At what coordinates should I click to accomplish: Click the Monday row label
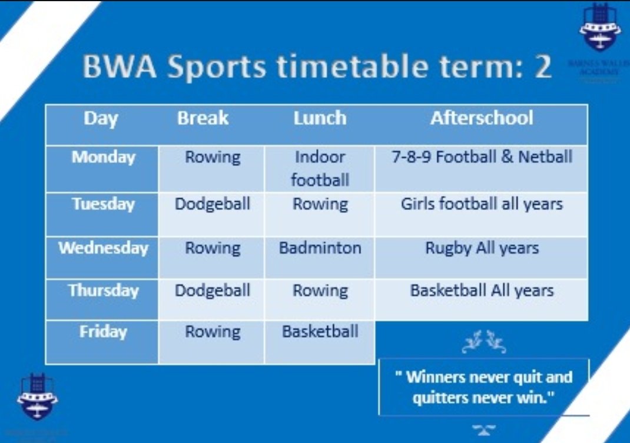point(103,158)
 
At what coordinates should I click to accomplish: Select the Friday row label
point(103,332)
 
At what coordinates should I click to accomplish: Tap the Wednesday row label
point(103,248)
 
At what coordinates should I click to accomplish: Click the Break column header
point(203,118)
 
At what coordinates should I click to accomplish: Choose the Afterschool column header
point(482,118)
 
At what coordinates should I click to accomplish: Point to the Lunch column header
point(320,118)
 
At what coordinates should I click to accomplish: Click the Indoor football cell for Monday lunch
point(320,168)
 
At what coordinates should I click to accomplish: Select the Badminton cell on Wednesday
point(320,248)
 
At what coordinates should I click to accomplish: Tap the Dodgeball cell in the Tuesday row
point(212,204)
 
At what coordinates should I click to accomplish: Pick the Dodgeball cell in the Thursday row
point(212,290)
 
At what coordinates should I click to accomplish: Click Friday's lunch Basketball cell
point(320,331)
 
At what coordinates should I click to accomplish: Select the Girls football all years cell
point(482,204)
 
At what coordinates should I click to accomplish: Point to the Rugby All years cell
point(482,248)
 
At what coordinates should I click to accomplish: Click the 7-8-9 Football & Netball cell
point(482,157)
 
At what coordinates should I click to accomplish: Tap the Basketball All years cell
point(482,290)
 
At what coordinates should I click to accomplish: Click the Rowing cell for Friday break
point(212,332)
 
